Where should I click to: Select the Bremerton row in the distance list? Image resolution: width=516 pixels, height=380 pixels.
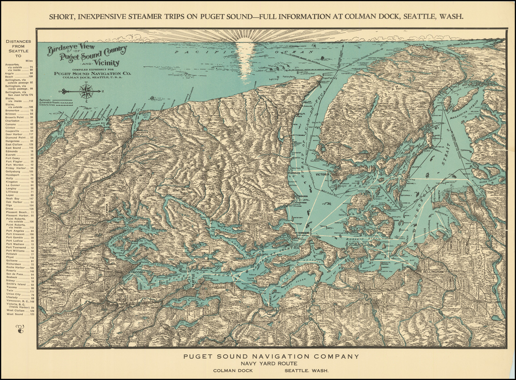[x=19, y=110]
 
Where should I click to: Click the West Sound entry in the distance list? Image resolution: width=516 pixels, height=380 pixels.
[x=19, y=314]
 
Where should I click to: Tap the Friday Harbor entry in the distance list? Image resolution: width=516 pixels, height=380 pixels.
[x=19, y=168]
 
